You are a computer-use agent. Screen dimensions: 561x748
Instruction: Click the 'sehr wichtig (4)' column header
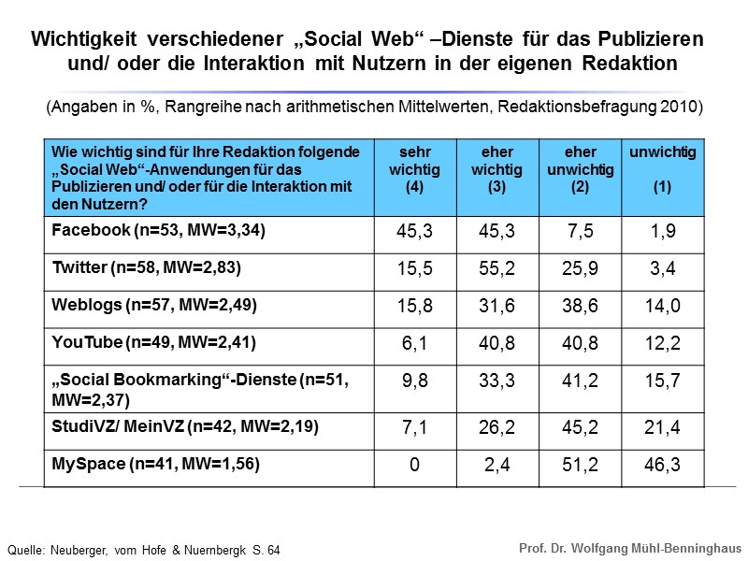click(414, 169)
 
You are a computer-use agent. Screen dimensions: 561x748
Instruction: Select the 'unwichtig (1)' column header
click(663, 169)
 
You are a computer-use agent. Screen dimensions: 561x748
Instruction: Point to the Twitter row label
click(147, 267)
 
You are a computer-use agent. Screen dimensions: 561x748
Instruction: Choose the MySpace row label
click(155, 463)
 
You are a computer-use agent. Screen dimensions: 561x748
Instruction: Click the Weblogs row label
click(154, 304)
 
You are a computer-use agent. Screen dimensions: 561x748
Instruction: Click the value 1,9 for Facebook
click(663, 233)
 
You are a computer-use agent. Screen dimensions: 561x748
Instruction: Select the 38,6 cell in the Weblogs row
click(580, 306)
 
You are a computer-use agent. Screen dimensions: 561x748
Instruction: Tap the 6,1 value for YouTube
click(414, 342)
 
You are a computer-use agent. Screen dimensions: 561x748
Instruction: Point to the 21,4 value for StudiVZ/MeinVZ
click(663, 428)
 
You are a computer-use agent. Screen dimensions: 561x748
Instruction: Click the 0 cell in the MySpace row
click(414, 465)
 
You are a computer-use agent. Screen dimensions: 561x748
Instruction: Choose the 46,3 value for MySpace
click(663, 465)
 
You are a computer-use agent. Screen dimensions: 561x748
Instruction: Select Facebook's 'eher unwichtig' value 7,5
click(580, 233)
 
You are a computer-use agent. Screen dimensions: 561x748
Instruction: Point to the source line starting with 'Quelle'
click(143, 550)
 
